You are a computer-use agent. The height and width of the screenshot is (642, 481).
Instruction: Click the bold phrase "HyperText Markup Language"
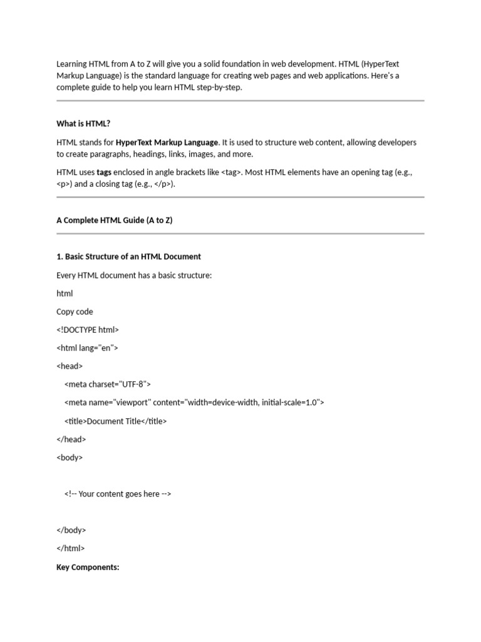click(x=167, y=142)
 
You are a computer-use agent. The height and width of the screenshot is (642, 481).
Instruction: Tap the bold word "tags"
click(x=105, y=172)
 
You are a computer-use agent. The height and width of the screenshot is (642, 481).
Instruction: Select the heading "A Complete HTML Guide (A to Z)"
click(x=114, y=220)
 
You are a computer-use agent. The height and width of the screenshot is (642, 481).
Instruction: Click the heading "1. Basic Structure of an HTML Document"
click(x=128, y=256)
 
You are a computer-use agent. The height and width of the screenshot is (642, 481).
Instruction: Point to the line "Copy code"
click(x=75, y=312)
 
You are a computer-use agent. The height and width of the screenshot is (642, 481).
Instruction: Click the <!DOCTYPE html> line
click(x=87, y=330)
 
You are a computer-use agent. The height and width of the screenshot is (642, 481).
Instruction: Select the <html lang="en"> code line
click(x=87, y=348)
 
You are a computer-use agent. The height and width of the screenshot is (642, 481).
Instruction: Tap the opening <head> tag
click(x=70, y=366)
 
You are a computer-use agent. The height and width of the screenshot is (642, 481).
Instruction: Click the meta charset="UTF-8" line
click(x=107, y=384)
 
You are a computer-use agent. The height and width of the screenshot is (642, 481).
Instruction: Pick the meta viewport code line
click(x=194, y=403)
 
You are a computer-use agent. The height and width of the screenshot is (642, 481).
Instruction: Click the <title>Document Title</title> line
click(x=115, y=421)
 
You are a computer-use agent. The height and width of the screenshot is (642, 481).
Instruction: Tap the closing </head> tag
click(x=71, y=439)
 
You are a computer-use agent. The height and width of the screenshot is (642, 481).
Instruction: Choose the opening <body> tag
click(x=70, y=458)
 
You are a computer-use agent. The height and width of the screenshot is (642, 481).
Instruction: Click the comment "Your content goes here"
click(x=117, y=494)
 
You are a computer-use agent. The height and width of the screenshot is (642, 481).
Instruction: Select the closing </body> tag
click(x=71, y=530)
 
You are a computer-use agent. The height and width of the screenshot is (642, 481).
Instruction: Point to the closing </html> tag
click(x=71, y=549)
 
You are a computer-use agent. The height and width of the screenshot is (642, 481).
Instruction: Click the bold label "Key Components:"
click(x=88, y=567)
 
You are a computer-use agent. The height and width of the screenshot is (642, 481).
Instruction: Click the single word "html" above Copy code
click(x=65, y=293)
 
